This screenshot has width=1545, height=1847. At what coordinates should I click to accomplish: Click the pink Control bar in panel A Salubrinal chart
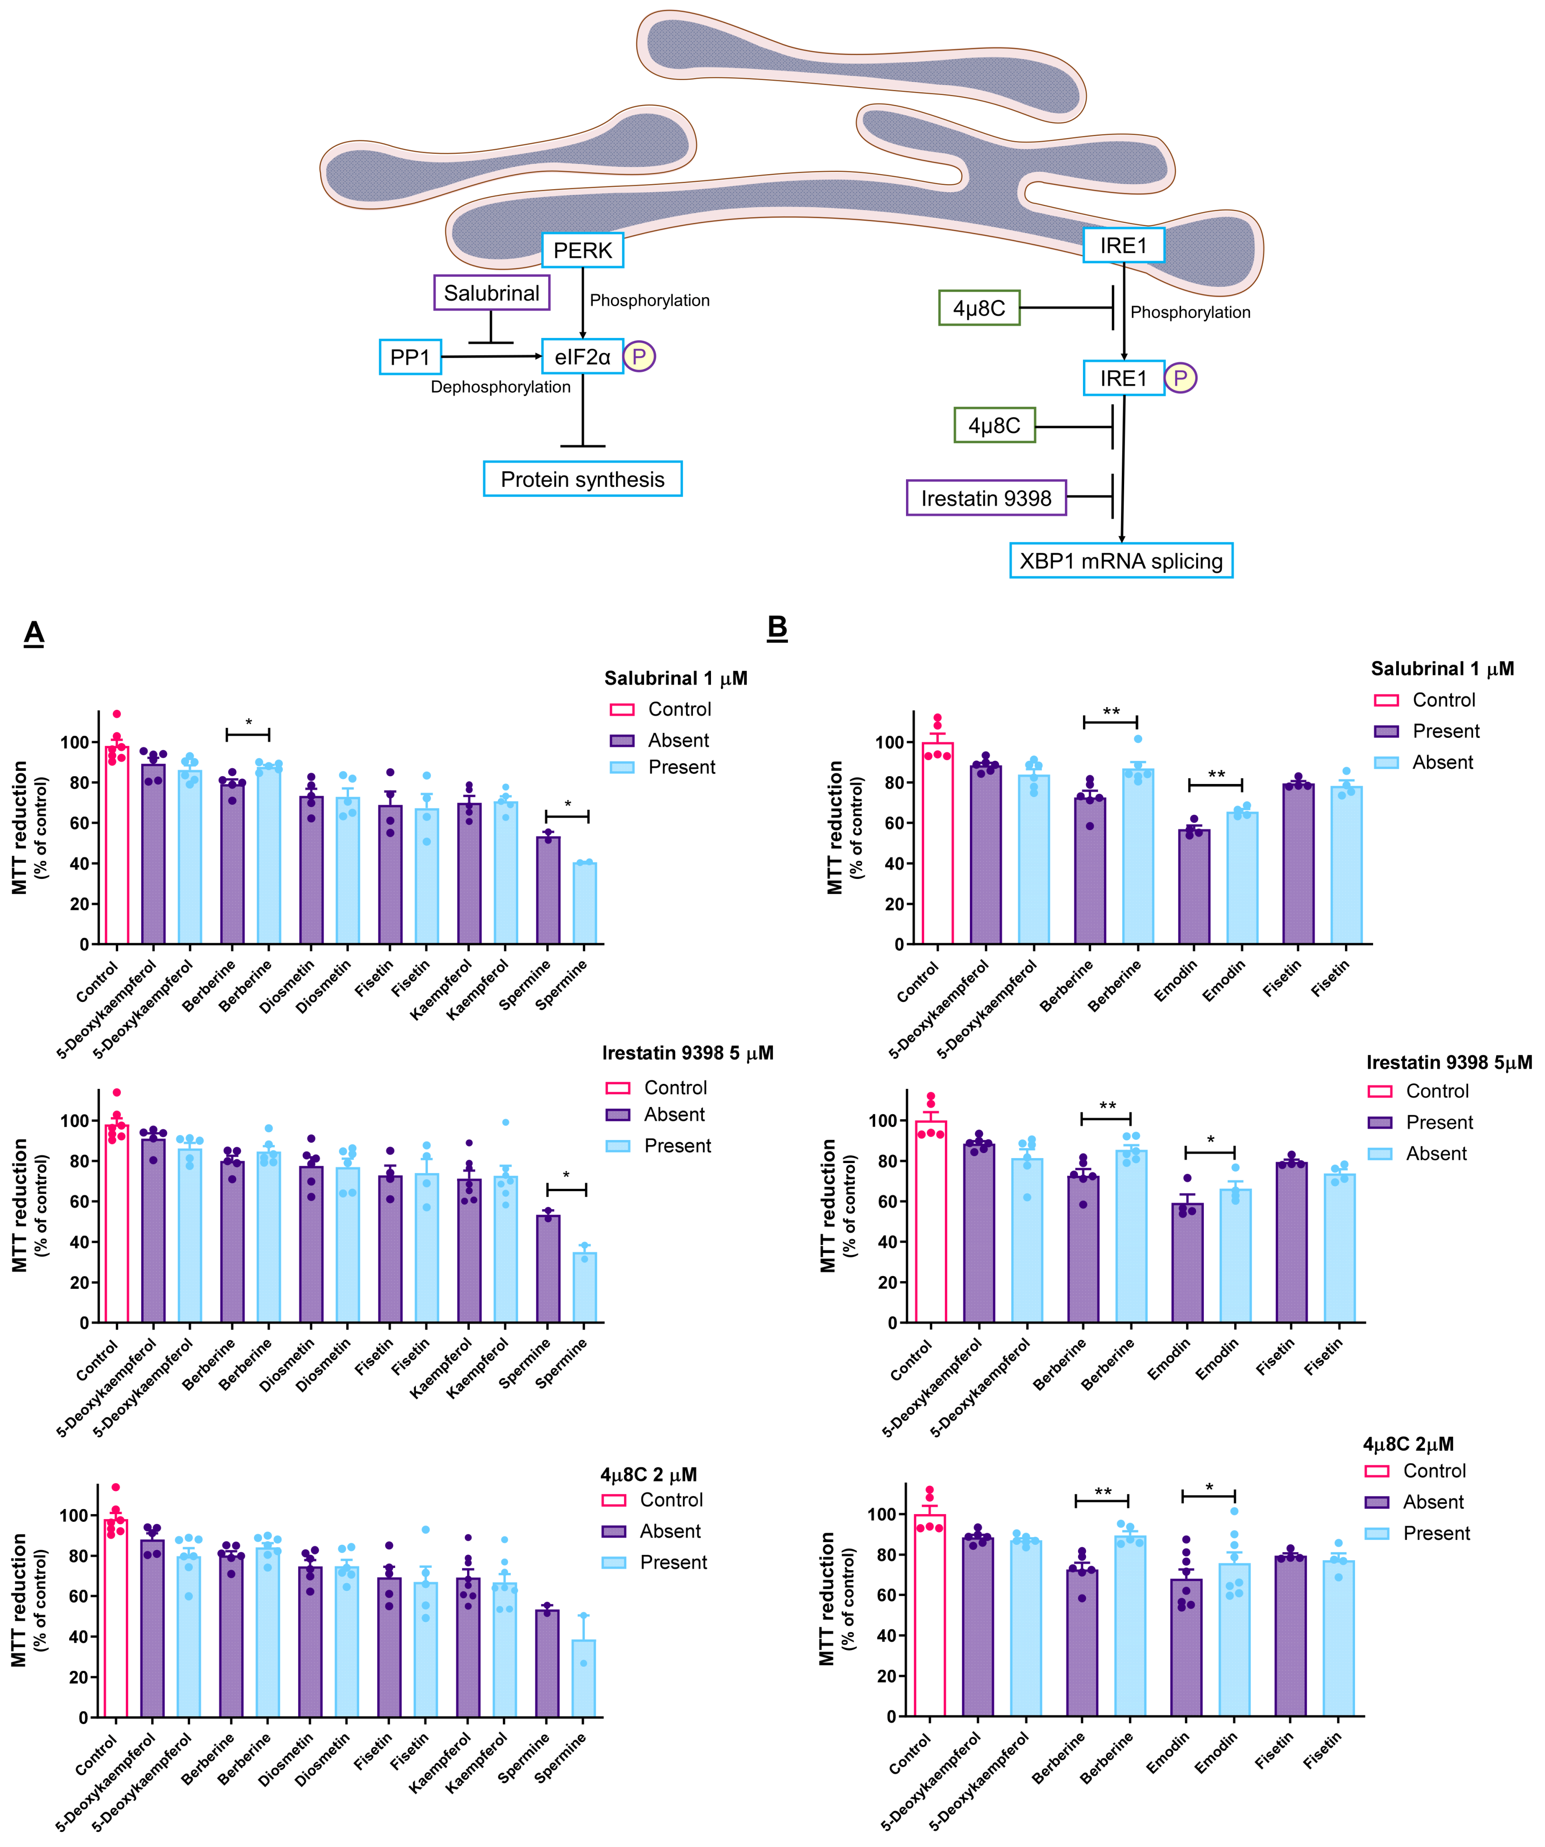click(x=117, y=845)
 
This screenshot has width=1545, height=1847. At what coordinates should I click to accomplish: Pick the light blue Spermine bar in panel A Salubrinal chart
click(x=584, y=903)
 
